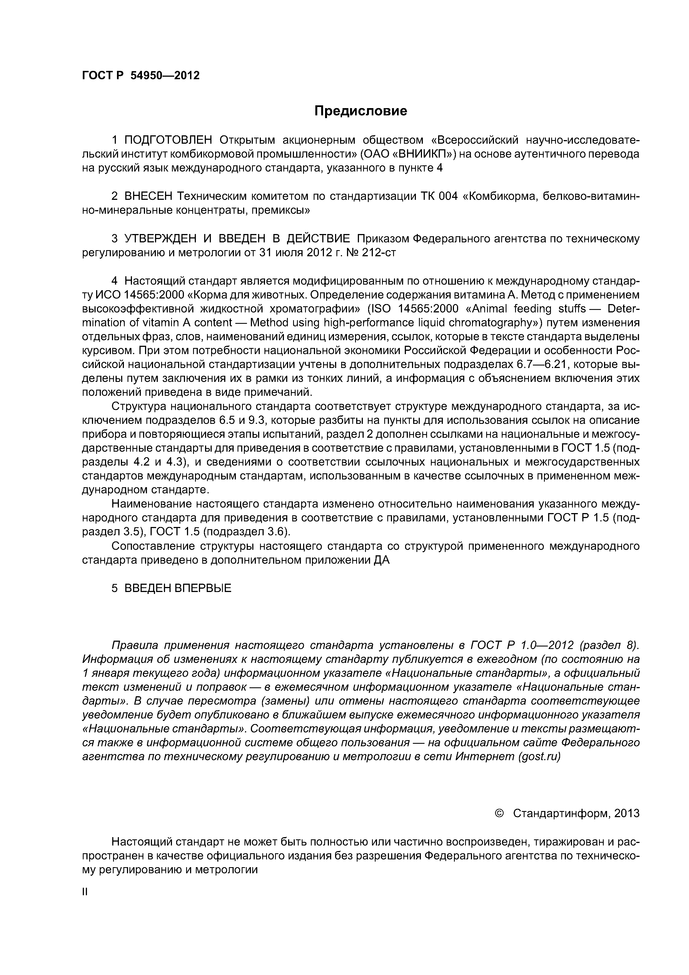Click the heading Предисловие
click(360, 111)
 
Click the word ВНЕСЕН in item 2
click(149, 197)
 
